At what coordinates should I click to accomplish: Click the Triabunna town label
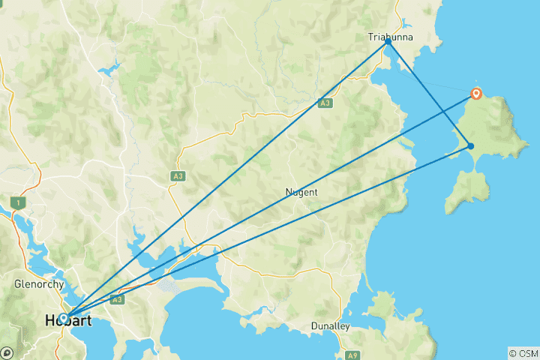tap(387, 36)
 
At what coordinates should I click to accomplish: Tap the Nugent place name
tap(301, 192)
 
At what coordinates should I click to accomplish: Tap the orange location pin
tap(476, 94)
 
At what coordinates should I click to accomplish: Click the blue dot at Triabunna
tap(388, 42)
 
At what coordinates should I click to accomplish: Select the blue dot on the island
tap(470, 145)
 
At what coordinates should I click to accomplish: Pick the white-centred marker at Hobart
tap(64, 317)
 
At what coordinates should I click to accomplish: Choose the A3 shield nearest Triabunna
tap(325, 103)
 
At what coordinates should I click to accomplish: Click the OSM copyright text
tap(523, 352)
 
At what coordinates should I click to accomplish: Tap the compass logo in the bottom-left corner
tap(7, 352)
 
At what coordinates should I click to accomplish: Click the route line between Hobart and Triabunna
tap(225, 180)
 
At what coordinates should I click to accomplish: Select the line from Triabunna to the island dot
tap(429, 94)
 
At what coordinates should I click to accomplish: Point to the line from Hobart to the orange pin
tap(270, 205)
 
